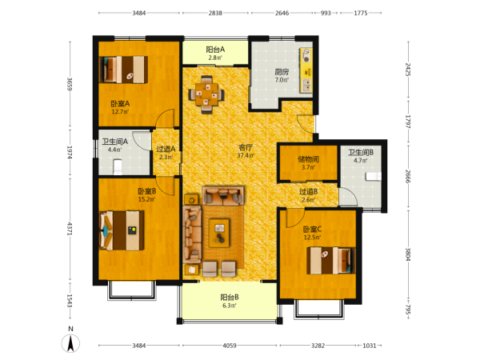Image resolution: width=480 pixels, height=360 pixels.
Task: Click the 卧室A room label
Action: point(120,104)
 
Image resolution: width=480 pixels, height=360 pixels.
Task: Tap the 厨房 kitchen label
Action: point(282,72)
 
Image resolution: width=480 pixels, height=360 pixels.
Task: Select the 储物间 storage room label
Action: point(308,159)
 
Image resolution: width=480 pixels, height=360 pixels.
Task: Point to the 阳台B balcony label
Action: point(230,298)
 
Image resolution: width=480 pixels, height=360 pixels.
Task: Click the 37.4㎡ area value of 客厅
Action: point(246,155)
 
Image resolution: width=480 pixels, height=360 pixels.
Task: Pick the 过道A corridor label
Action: point(166,149)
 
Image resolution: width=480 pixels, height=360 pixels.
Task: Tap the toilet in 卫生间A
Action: point(118,166)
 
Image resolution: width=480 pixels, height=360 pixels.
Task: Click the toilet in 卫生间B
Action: point(374,176)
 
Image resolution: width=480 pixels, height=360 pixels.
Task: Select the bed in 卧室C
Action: point(331,261)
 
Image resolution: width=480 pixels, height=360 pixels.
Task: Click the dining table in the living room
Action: point(207,94)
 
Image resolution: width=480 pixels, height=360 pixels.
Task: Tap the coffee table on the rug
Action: point(219,233)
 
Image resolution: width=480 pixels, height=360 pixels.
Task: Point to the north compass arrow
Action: point(70,343)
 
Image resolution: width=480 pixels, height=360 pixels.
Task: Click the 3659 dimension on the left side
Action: point(70,84)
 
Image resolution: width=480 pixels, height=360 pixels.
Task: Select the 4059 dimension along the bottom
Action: point(230,346)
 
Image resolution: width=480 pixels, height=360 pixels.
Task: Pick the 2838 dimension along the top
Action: point(215,13)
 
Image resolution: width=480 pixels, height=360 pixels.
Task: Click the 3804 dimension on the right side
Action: point(408,254)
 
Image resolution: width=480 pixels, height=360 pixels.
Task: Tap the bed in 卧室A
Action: point(124,70)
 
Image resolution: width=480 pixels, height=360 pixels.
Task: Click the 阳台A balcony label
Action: point(215,50)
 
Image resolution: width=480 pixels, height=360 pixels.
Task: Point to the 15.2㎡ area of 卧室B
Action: point(147,199)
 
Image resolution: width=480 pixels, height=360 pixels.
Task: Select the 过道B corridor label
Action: point(308,192)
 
